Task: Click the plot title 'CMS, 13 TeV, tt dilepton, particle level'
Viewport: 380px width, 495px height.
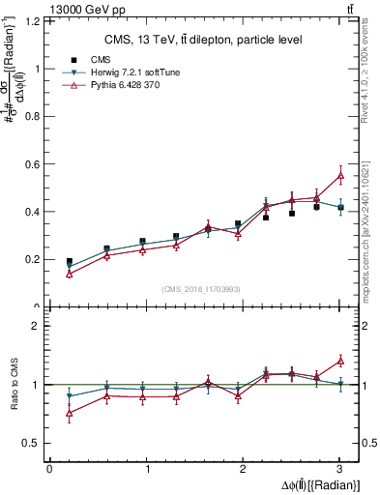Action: click(202, 40)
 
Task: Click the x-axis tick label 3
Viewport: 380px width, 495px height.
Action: click(340, 469)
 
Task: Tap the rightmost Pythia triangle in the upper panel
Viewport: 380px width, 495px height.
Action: click(340, 175)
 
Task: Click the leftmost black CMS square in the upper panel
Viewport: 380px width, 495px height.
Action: click(70, 262)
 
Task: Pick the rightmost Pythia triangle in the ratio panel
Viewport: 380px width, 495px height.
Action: click(340, 361)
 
